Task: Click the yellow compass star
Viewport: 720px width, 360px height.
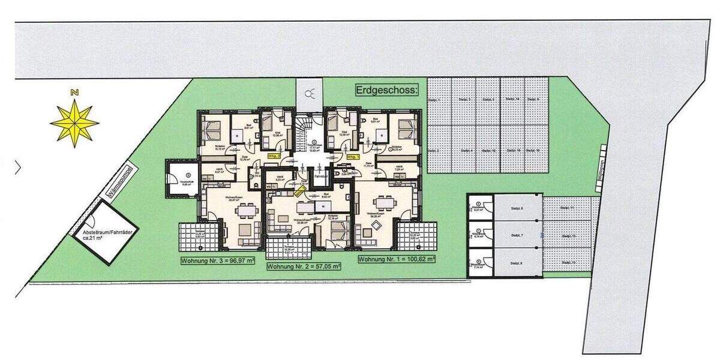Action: [x=74, y=124]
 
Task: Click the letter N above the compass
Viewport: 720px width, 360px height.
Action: [x=74, y=93]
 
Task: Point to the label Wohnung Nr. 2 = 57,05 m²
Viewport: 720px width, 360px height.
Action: [x=304, y=266]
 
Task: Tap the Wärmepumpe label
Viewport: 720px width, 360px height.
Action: [x=115, y=182]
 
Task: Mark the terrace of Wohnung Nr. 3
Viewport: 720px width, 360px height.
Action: [x=199, y=236]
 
